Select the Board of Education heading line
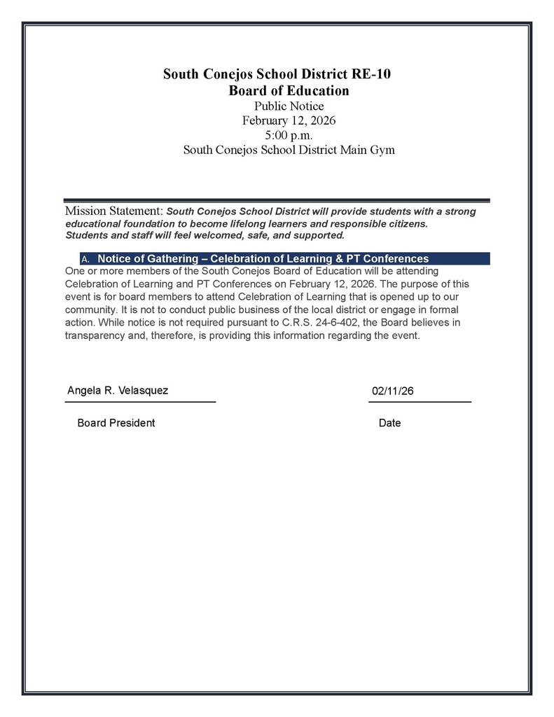point(289,91)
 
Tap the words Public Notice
point(289,106)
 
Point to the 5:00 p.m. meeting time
point(289,135)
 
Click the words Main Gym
point(371,150)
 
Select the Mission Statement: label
point(114,211)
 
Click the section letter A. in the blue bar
point(85,259)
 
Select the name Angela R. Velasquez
point(118,390)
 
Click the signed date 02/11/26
point(393,391)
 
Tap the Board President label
point(116,423)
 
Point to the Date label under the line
point(389,423)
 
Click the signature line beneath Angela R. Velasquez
point(140,402)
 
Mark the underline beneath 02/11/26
point(420,402)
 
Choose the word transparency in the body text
point(96,335)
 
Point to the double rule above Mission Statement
point(277,200)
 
